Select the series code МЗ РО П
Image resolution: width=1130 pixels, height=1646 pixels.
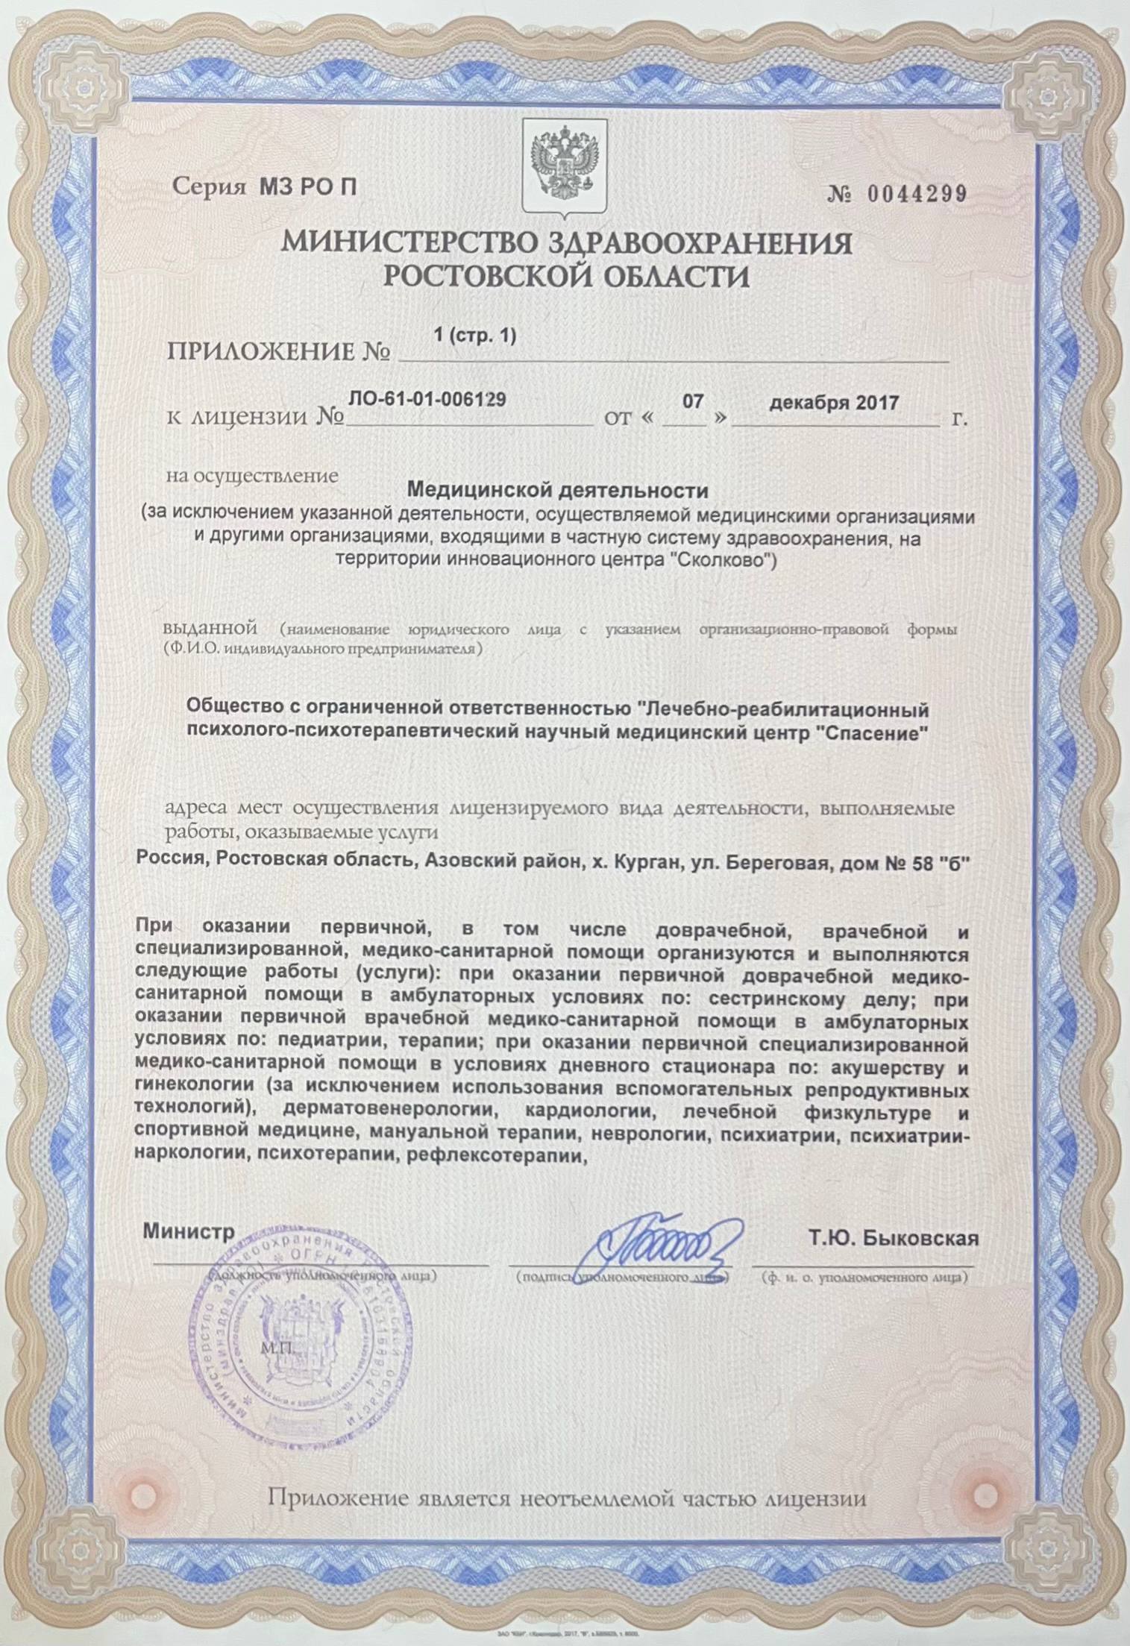308,187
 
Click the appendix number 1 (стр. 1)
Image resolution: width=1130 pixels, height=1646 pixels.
474,336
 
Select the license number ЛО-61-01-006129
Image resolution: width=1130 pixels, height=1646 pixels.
429,399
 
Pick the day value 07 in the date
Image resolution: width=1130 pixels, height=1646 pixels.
694,402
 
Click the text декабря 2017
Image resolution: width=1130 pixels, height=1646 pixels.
834,403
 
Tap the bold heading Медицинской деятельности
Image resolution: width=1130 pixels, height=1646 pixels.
559,491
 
